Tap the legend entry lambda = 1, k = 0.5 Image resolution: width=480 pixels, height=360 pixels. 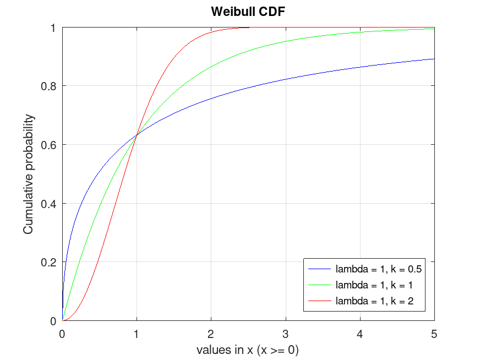tap(379, 270)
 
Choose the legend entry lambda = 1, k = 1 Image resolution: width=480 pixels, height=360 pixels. tap(374, 285)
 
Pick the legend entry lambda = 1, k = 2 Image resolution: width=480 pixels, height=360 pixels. tap(374, 301)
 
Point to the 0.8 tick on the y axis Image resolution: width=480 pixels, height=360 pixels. tap(50, 86)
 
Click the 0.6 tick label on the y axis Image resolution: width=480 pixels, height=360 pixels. tap(50, 145)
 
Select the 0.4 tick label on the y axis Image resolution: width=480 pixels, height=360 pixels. tap(50, 204)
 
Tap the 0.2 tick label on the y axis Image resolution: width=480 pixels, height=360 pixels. tap(50, 262)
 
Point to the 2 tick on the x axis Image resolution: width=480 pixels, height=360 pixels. tap(211, 334)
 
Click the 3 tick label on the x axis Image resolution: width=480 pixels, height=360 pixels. tap(286, 334)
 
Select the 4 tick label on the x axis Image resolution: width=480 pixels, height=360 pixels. tap(360, 334)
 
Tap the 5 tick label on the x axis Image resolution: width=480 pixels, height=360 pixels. tap(434, 334)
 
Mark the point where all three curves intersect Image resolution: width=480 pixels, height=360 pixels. tap(137, 135)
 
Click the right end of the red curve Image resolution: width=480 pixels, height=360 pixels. tap(249, 28)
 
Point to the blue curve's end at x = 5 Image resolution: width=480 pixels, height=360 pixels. tap(434, 59)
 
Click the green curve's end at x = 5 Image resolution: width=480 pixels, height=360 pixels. tap(434, 29)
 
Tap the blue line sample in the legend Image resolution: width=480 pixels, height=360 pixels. tap(320, 270)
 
